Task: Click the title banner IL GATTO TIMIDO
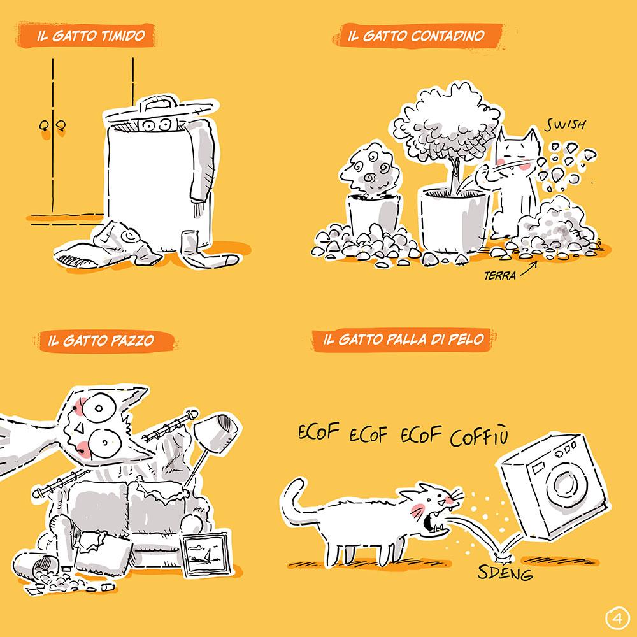(x=86, y=35)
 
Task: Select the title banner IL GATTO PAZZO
(x=106, y=341)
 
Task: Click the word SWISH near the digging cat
(x=565, y=125)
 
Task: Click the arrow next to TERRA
(x=529, y=269)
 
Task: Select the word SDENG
(x=505, y=573)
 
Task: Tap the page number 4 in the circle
(x=617, y=619)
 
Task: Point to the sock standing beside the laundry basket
(x=205, y=250)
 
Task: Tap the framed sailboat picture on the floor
(x=204, y=554)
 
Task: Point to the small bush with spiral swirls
(x=370, y=168)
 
